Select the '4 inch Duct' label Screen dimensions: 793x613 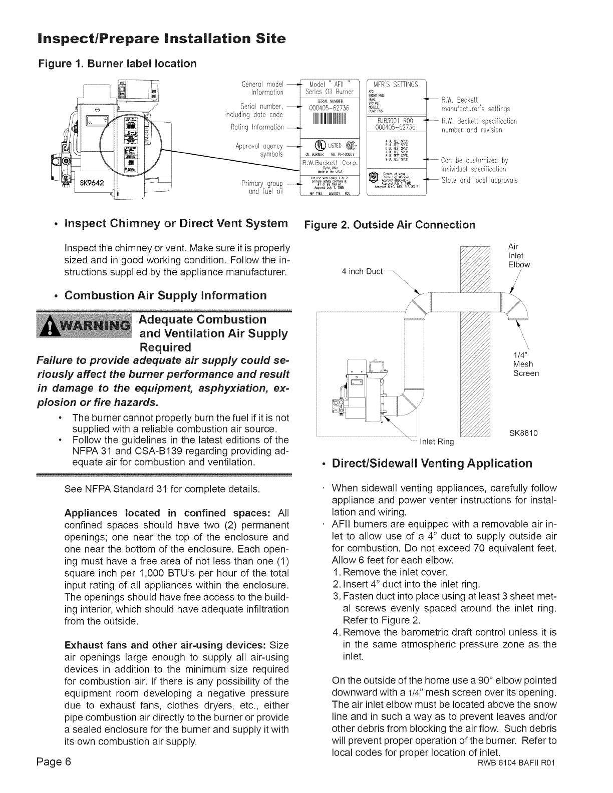pos(361,272)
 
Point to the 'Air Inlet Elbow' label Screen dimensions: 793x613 pos(518,256)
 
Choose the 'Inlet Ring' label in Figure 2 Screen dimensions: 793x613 pos(436,441)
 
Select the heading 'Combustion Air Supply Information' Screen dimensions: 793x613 pos(166,295)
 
